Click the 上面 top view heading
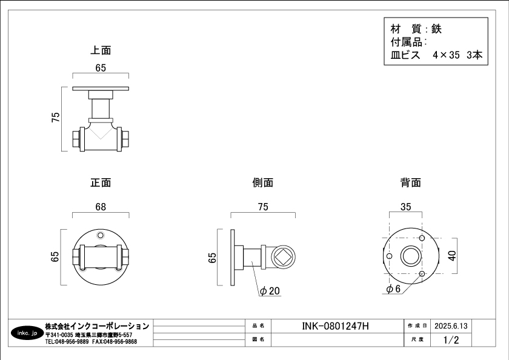(101, 50)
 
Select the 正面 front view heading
(101, 182)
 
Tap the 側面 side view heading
(262, 182)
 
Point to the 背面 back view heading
(410, 182)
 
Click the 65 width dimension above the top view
(101, 68)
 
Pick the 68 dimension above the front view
(101, 207)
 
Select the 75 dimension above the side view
(262, 207)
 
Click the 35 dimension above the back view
(406, 207)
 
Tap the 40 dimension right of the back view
(451, 256)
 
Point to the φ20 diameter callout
(270, 292)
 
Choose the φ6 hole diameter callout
(393, 289)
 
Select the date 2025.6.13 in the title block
(451, 326)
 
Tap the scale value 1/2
(451, 340)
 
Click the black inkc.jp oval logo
(27, 333)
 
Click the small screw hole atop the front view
(101, 235)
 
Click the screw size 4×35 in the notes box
(447, 55)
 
